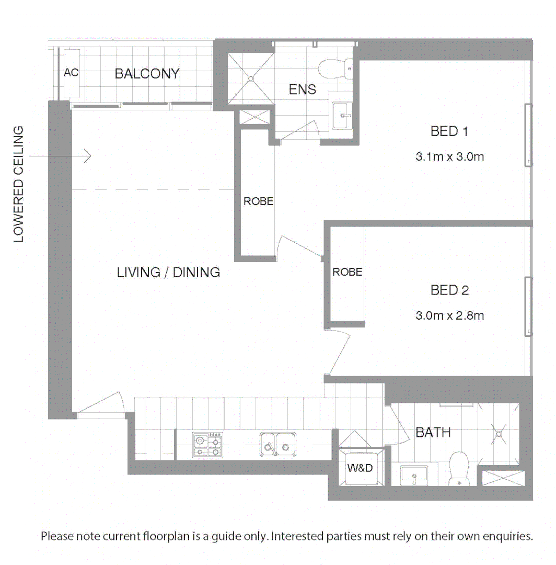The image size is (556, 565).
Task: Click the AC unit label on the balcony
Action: tap(71, 73)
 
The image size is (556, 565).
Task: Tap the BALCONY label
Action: tap(147, 74)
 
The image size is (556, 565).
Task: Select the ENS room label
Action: tap(303, 89)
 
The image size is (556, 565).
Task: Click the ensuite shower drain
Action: tap(251, 78)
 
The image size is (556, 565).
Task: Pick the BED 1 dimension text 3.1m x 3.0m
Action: tap(449, 156)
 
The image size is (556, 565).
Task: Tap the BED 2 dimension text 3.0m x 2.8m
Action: tap(449, 315)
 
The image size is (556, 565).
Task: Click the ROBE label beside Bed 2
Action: tap(348, 272)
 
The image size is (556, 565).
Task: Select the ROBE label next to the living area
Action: tap(259, 201)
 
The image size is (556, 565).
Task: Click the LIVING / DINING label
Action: tap(168, 273)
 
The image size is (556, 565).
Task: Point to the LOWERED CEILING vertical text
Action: tap(19, 184)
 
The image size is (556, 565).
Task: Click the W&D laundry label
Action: tap(360, 468)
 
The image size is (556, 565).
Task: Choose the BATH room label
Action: tap(433, 433)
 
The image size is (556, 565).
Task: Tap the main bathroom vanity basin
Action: tap(414, 476)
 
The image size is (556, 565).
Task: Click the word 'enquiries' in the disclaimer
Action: tap(506, 536)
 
